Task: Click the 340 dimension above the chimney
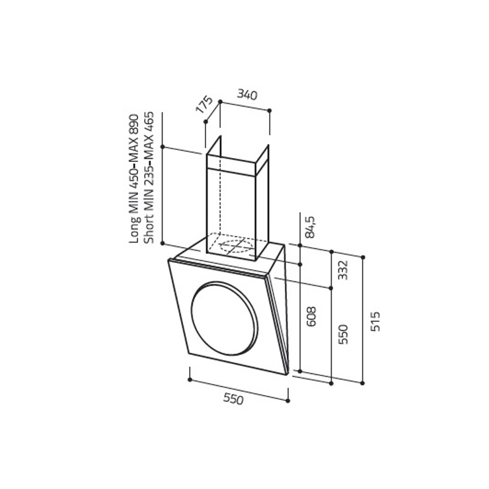pos(247,94)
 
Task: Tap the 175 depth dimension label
pos(204,104)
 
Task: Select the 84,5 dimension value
pos(311,227)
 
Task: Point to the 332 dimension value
pos(343,270)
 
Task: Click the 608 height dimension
pos(311,317)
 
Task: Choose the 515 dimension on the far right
pos(375,322)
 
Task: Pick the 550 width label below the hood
pos(233,399)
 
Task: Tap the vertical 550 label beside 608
pos(343,334)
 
